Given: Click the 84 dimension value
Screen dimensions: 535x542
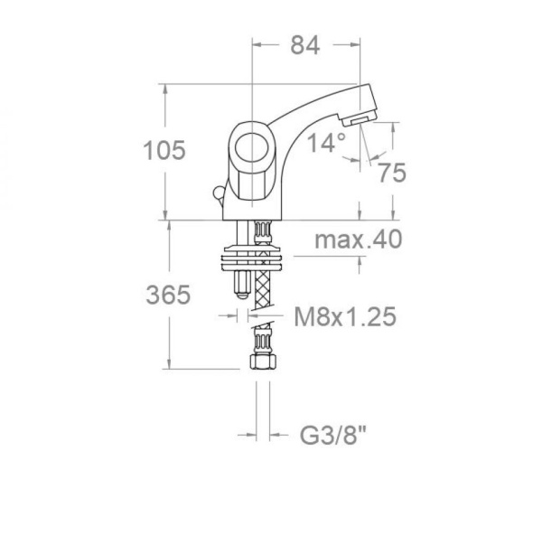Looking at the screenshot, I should [304, 46].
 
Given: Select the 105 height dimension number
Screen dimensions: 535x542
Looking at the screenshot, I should [165, 151].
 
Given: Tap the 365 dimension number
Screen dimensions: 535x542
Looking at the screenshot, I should [167, 295].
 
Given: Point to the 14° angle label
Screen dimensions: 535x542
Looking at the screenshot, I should [325, 143].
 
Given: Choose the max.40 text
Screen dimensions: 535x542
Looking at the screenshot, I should [358, 240].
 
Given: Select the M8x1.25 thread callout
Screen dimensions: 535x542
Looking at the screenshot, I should [346, 317].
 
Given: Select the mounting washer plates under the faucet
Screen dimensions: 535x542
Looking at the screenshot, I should [256, 255].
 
